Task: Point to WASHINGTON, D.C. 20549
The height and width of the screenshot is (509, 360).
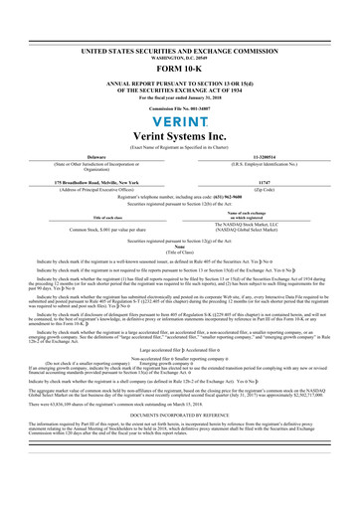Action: coord(179,28)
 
